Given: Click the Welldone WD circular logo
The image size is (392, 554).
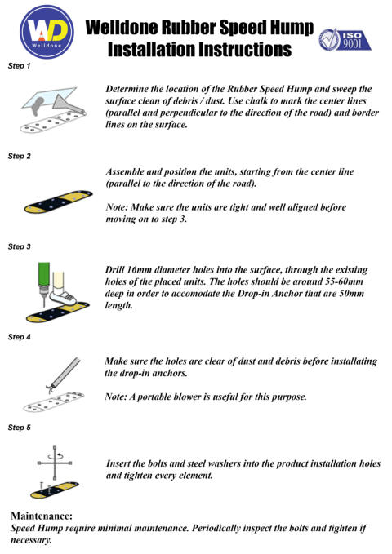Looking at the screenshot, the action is (x=47, y=32).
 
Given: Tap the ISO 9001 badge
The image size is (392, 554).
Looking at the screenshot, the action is (x=345, y=39).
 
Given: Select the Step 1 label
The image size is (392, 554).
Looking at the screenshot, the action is (x=19, y=66).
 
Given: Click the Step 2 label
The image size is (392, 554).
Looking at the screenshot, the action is (x=19, y=156).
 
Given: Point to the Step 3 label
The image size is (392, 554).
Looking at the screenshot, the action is (x=19, y=246).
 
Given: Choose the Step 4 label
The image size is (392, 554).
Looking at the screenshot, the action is (x=19, y=337).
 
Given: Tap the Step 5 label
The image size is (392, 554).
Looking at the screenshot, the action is (x=19, y=428).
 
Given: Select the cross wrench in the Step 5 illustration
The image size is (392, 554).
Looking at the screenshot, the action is (x=55, y=463).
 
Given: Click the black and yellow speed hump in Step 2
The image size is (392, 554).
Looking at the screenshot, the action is (x=58, y=202).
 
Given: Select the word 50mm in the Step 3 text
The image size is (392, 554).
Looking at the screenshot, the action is (x=351, y=294).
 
